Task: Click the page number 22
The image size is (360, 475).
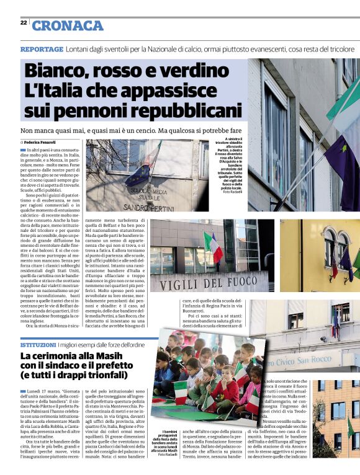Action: [x=23, y=22]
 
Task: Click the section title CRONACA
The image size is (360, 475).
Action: [x=68, y=25]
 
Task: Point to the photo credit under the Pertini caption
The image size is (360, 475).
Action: [x=232, y=192]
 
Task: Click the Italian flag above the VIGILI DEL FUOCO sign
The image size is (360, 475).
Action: [x=212, y=245]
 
